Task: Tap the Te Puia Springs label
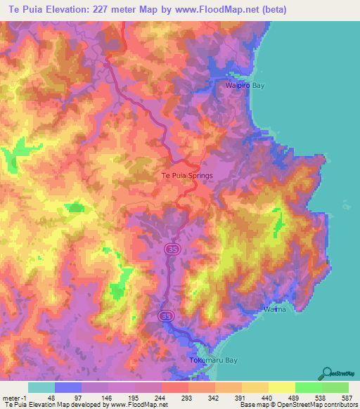click(187, 176)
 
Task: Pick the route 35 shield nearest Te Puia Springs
click(171, 249)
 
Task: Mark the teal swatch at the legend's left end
click(41, 387)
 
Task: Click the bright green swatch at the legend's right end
click(335, 387)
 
